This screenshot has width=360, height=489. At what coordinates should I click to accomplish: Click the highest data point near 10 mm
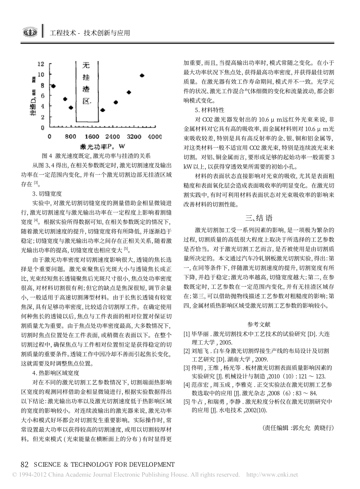142,75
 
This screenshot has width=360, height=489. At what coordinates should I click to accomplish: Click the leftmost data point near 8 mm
53,86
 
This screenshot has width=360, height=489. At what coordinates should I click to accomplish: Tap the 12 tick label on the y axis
41,64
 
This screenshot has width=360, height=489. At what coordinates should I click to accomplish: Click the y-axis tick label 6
43,95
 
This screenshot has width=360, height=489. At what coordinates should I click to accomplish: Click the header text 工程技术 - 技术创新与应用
90,33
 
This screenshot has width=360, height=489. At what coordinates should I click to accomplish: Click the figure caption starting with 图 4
95,155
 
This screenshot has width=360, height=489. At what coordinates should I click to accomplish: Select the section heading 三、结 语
259,218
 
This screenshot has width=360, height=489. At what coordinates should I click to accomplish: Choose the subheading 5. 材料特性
210,110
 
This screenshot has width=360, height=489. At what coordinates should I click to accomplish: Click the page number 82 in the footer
25,464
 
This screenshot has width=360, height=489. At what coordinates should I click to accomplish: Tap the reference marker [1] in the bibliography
186,334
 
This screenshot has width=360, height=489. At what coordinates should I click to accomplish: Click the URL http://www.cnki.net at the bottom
272,475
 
